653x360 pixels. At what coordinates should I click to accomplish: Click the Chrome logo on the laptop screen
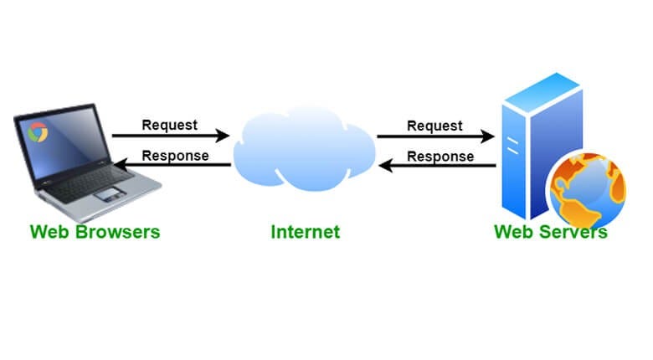click(x=37, y=131)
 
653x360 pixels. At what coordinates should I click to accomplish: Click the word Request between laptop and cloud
click(x=169, y=125)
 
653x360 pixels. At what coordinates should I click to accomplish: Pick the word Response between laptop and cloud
click(x=175, y=155)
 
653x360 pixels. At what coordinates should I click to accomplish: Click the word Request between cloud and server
click(x=434, y=126)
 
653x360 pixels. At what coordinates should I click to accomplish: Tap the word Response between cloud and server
click(x=440, y=156)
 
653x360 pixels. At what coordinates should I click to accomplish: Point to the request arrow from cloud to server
click(x=435, y=136)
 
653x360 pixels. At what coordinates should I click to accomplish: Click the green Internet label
click(x=306, y=232)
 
